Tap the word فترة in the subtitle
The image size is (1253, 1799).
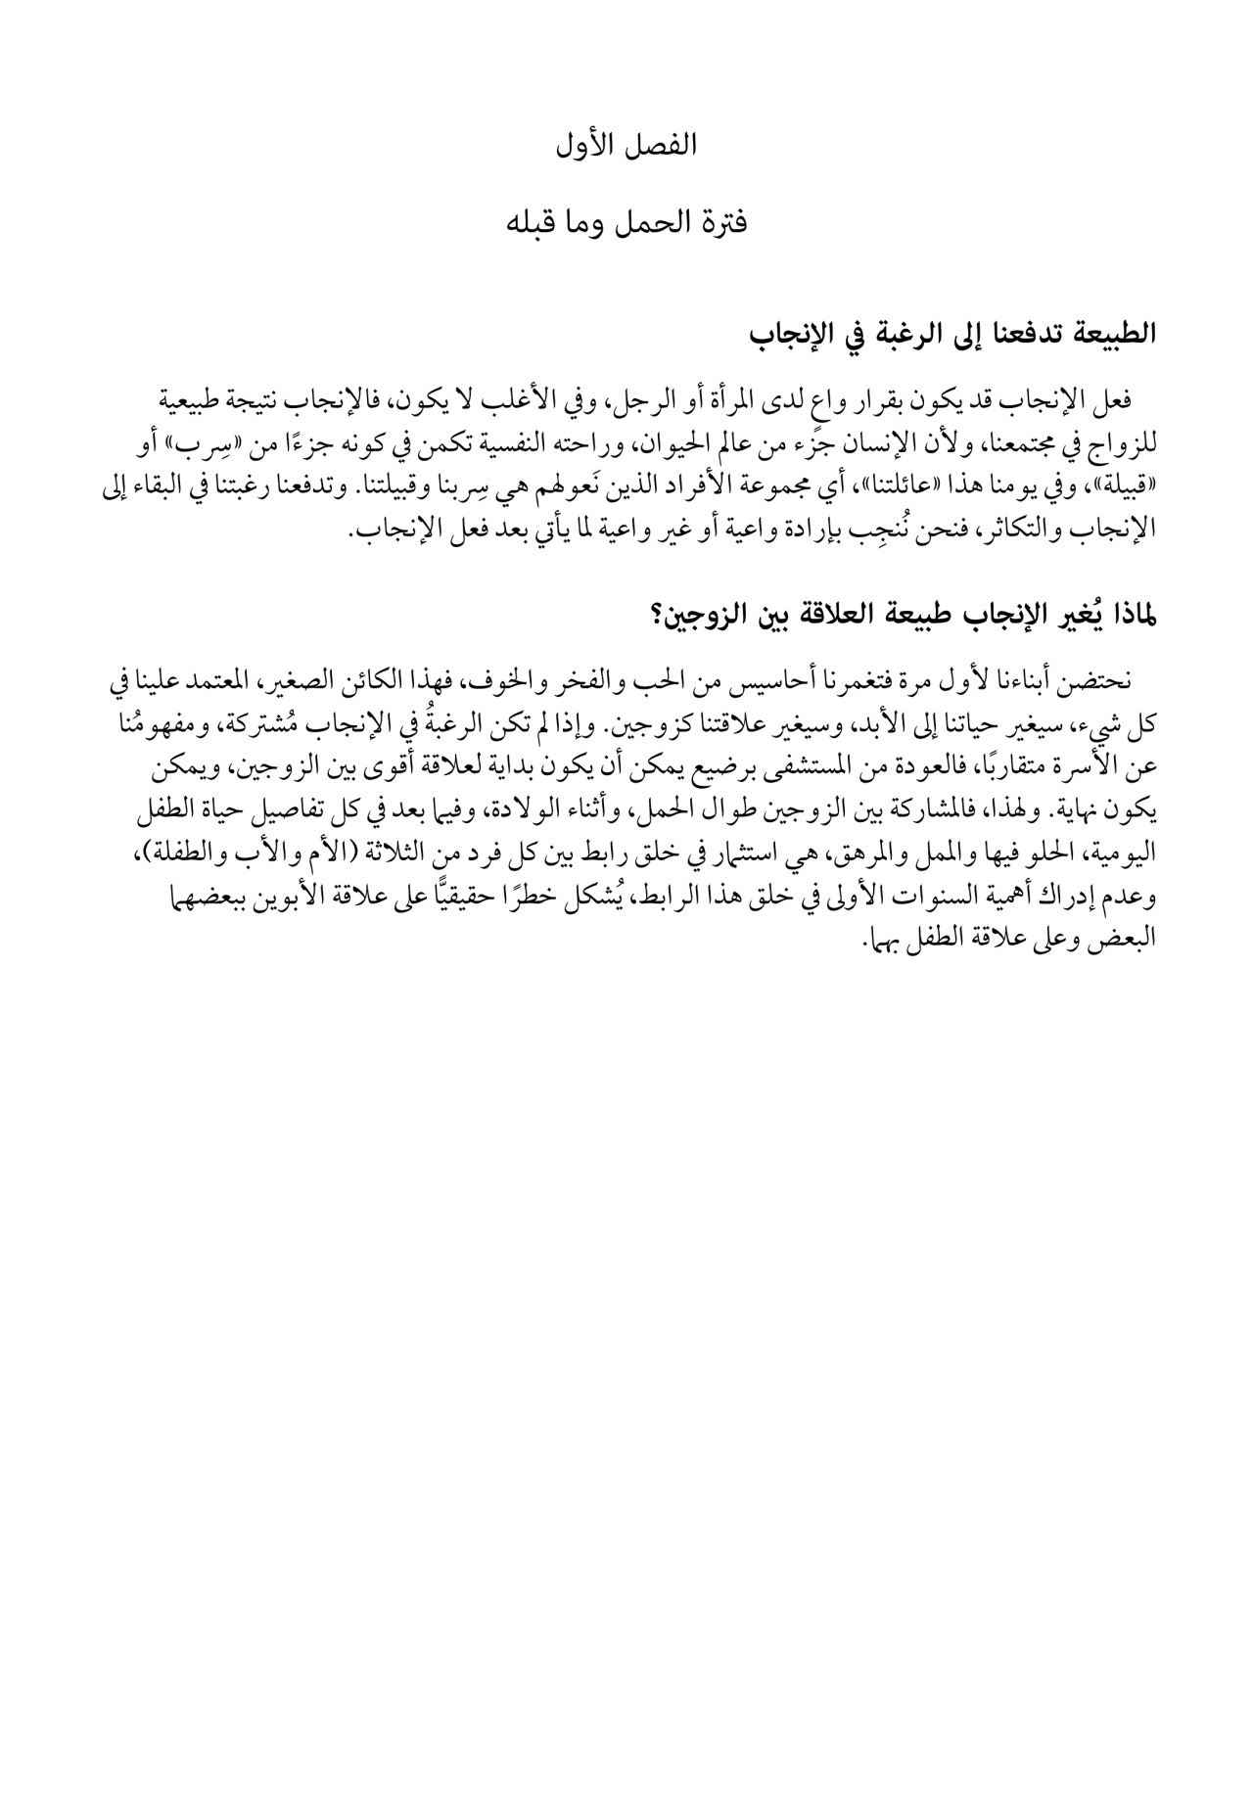click(720, 223)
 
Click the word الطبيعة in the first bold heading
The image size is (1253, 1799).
click(1108, 334)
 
